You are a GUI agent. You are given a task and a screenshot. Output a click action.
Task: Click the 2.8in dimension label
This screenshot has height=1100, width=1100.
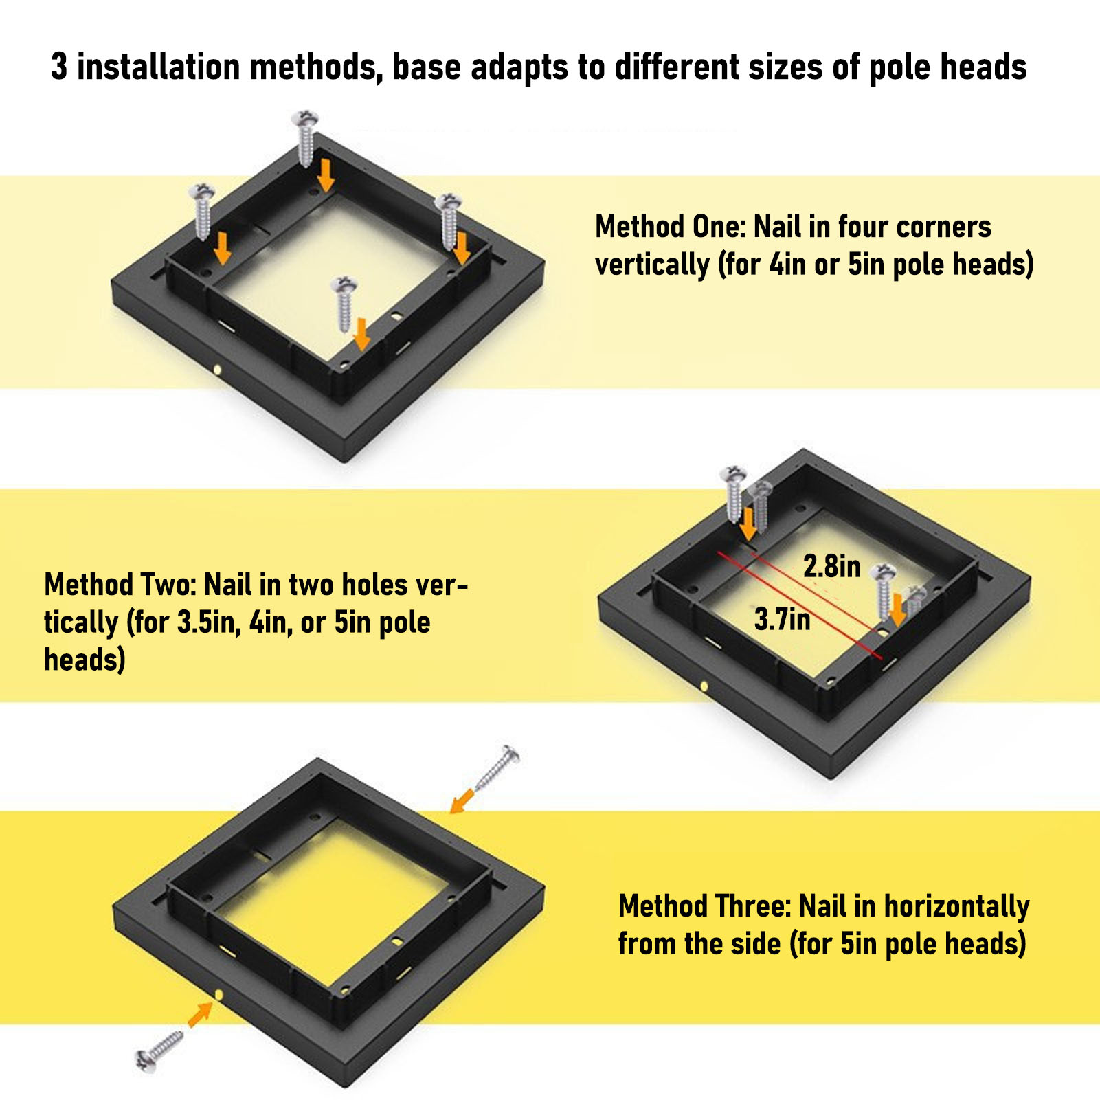[x=832, y=566]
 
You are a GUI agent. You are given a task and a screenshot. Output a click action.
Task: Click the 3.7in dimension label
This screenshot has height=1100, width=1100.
[x=783, y=619]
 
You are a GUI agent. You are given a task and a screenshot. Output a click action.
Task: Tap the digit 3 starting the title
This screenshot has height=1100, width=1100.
[x=59, y=67]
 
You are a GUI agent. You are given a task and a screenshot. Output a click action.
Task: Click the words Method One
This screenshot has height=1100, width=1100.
[x=670, y=227]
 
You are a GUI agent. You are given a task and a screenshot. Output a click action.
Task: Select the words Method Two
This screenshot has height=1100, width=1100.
[x=120, y=585]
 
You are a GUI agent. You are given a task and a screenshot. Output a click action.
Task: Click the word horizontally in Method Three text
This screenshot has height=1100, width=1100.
[x=956, y=908]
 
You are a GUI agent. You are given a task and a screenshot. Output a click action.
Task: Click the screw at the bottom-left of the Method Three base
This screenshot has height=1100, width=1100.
[x=159, y=1050]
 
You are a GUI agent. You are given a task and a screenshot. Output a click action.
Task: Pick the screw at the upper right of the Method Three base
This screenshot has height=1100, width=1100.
[x=497, y=767]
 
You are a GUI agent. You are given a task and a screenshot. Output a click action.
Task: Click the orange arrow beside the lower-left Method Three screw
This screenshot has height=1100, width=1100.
[x=200, y=1014]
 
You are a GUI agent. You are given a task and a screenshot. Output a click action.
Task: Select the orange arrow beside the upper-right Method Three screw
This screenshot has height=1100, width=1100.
[x=462, y=800]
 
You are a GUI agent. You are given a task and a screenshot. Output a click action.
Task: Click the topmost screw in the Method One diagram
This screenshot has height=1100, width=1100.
[x=306, y=137]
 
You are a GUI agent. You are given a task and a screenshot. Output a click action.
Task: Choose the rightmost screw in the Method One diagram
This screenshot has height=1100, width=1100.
[x=448, y=222]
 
